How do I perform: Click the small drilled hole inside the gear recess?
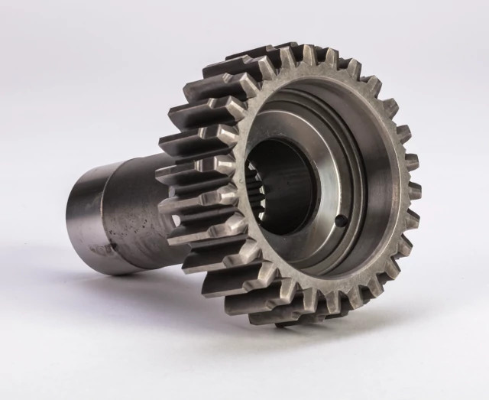pos(342,222)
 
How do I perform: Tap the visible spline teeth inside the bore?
pos(255,195)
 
